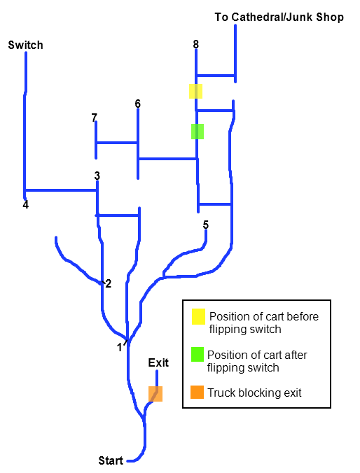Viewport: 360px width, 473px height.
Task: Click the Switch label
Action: pos(26,45)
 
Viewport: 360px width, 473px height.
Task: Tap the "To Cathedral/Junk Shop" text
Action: pos(279,17)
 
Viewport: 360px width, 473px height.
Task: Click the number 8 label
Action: pos(196,44)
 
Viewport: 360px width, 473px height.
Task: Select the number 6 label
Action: pos(138,104)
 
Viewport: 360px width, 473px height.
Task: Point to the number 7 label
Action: pos(95,118)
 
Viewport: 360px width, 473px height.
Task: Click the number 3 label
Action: pos(97,176)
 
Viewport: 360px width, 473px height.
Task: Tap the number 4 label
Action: pos(26,204)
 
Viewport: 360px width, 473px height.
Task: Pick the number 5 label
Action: pos(206,225)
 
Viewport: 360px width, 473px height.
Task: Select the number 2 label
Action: pos(109,283)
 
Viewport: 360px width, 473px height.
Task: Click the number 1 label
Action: pos(120,348)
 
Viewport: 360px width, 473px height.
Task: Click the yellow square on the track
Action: pos(195,91)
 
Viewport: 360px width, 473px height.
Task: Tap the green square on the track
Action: pos(198,132)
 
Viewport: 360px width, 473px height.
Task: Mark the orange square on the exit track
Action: pos(155,394)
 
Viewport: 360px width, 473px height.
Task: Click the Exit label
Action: pos(158,362)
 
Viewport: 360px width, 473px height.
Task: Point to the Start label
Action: pos(111,460)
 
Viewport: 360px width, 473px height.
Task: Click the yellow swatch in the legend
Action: pos(198,316)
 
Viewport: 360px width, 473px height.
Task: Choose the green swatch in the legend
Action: pos(198,355)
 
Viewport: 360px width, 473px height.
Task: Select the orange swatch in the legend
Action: pos(198,392)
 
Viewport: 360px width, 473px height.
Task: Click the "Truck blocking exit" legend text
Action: pos(255,393)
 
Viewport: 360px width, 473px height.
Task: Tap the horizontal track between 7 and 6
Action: pos(117,143)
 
